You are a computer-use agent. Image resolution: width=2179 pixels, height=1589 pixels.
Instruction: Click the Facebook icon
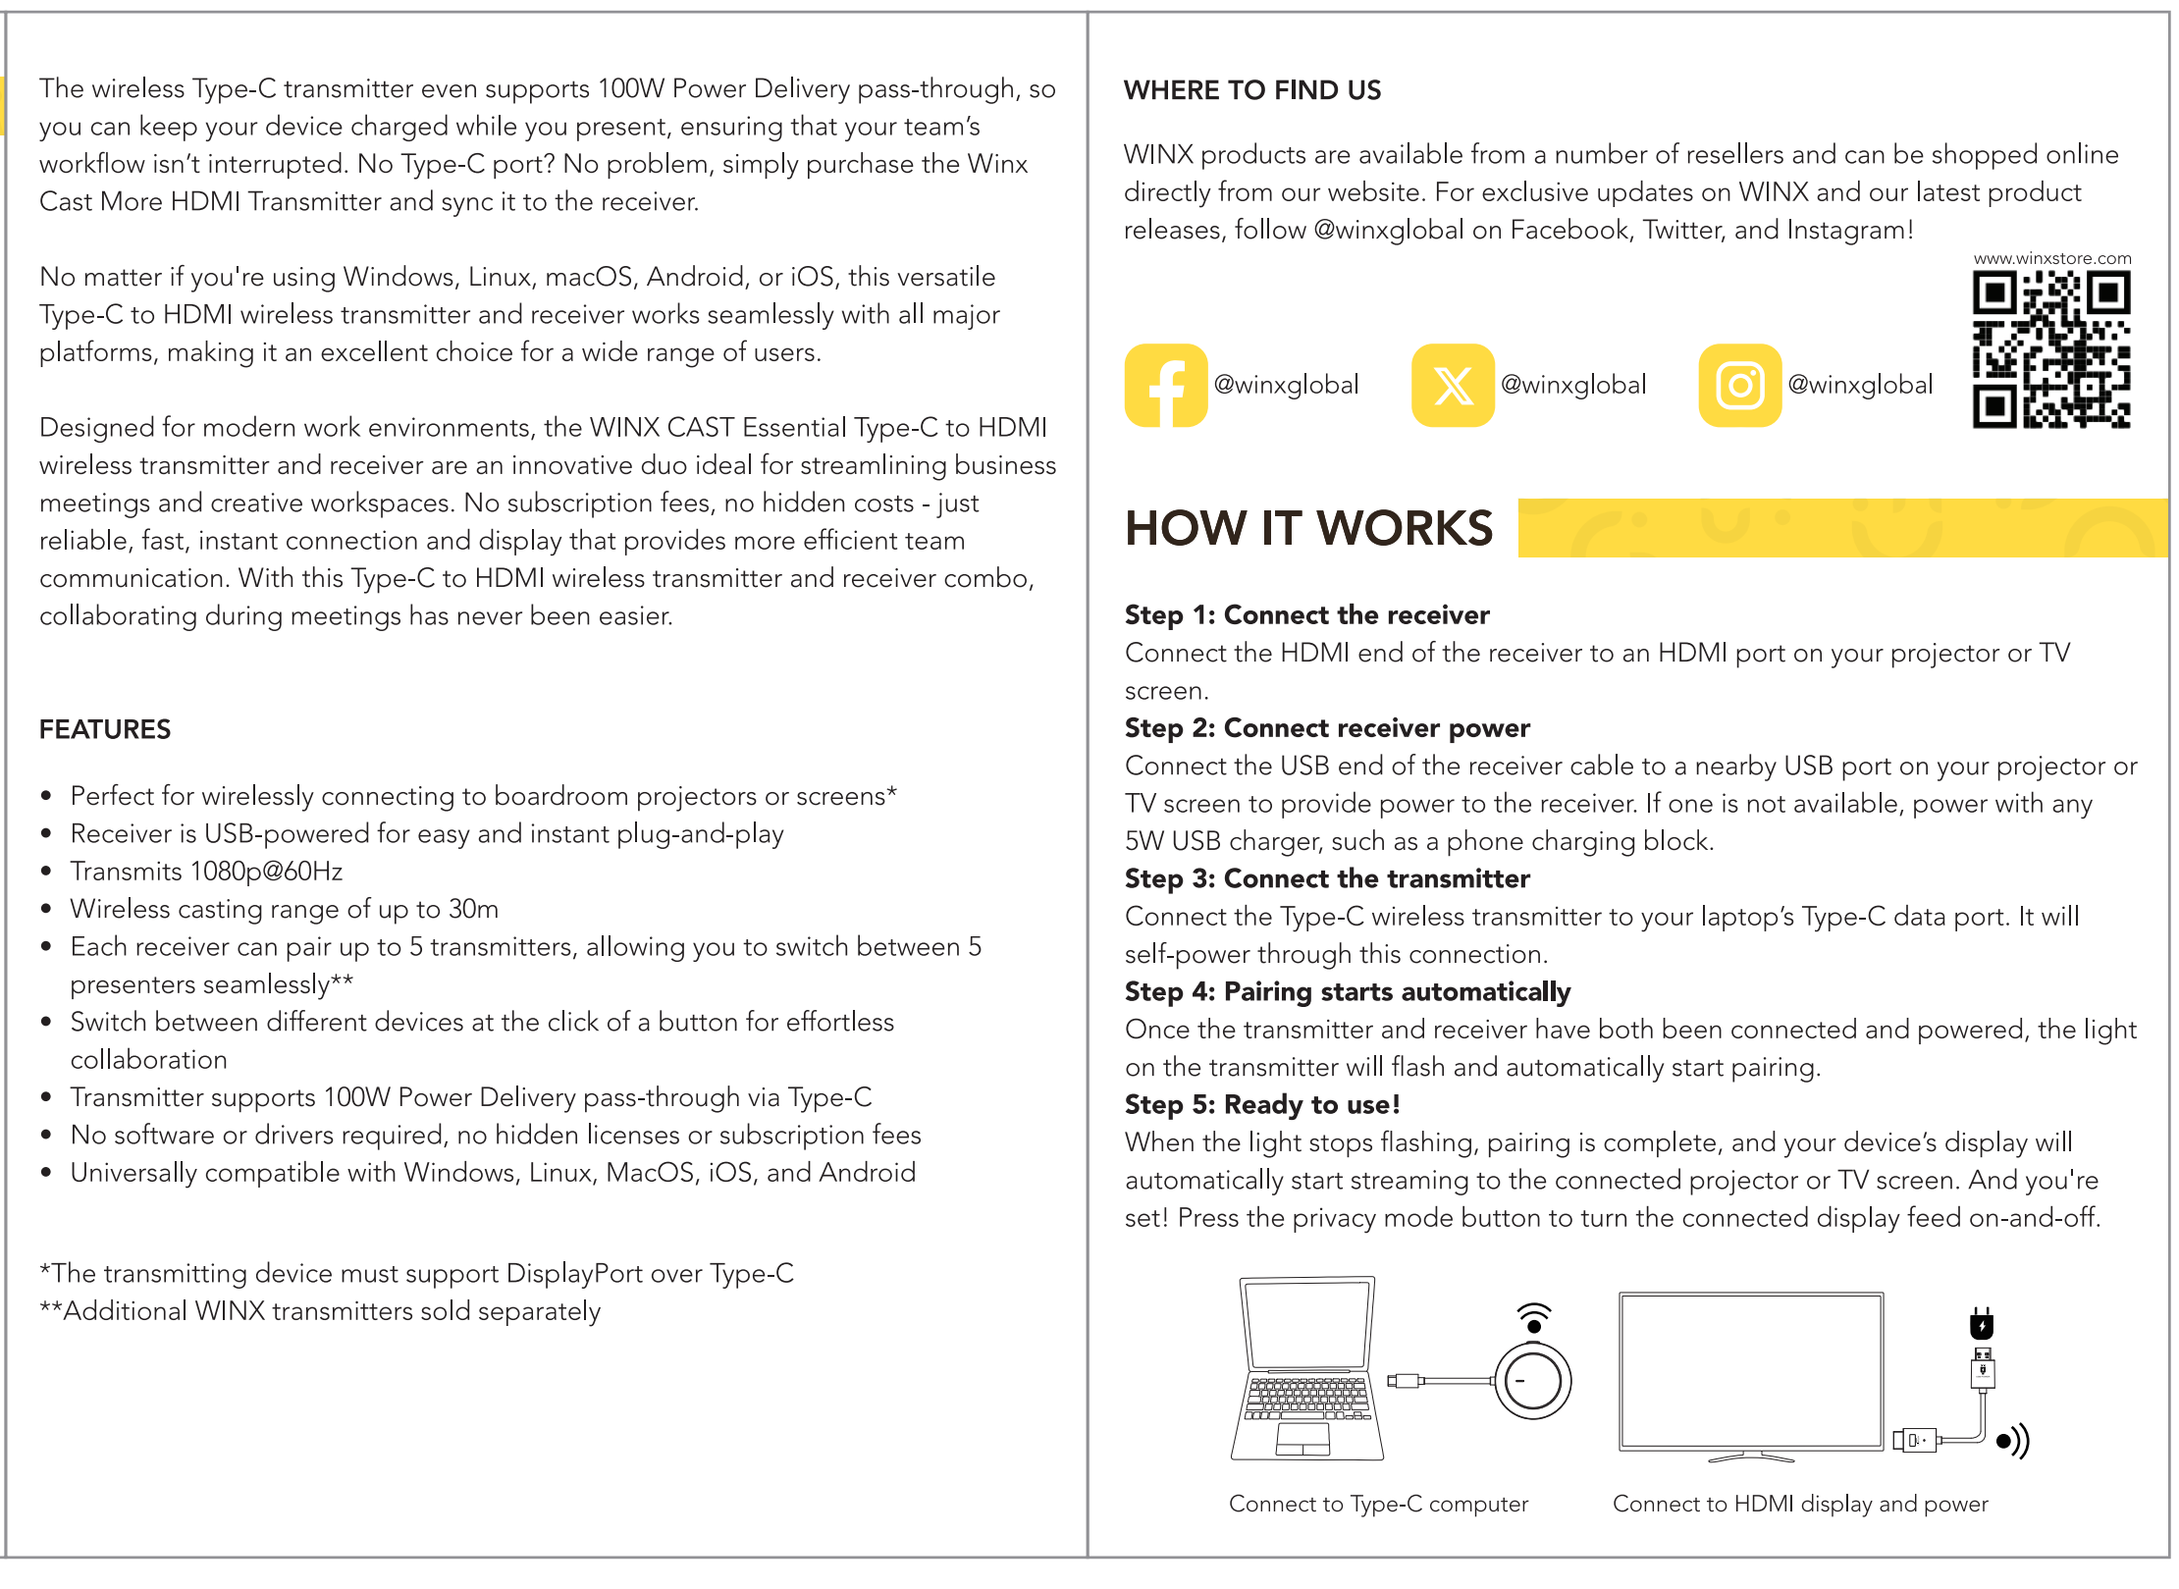tap(1166, 386)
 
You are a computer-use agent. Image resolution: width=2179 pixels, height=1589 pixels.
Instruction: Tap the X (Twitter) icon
tap(1453, 386)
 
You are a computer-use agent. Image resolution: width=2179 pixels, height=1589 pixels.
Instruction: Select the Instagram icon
tap(1739, 386)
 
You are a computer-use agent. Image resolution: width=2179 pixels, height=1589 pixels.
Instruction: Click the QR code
tap(2050, 349)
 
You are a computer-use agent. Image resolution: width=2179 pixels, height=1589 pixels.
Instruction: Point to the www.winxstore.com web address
tap(2051, 258)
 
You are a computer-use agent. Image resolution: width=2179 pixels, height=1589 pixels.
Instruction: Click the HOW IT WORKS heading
tap(1308, 529)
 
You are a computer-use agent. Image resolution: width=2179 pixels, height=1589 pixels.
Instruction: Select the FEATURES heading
tap(105, 729)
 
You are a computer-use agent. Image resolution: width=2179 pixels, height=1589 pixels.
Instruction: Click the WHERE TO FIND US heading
tap(1251, 90)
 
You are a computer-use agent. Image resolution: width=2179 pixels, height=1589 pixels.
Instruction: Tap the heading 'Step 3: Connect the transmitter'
tap(1327, 878)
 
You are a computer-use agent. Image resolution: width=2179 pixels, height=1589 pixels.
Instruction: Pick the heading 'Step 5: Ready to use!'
tap(1262, 1104)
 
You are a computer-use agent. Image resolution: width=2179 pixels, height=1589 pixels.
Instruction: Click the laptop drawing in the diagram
tap(1306, 1367)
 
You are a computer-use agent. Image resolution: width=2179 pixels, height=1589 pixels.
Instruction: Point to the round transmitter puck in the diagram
tap(1532, 1381)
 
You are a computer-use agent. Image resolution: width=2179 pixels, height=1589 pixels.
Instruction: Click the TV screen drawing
tap(1751, 1370)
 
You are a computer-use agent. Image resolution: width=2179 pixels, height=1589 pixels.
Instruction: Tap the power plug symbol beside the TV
tap(1982, 1324)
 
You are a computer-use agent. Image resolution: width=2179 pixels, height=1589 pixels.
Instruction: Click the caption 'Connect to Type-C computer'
tap(1378, 1504)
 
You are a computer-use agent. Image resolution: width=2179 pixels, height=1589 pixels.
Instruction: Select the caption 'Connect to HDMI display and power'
tap(1800, 1504)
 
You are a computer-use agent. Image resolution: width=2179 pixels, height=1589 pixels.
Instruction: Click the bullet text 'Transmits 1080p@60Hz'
tap(206, 872)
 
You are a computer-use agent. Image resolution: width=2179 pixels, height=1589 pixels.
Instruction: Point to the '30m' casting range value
tap(473, 909)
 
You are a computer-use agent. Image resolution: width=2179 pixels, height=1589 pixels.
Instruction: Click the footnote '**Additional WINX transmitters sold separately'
tap(320, 1311)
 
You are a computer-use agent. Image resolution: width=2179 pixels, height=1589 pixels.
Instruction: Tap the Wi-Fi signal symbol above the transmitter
tap(1534, 1316)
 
